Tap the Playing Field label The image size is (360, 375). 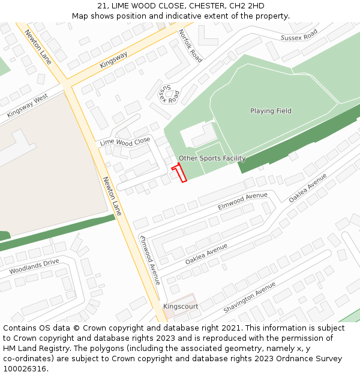point(271,111)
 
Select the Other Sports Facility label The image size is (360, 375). point(212,158)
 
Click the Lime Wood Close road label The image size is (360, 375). point(125,142)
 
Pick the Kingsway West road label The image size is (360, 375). point(28,106)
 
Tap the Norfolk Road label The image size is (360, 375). point(190,46)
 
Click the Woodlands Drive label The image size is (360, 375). point(34,266)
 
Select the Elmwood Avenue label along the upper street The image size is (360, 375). point(242,200)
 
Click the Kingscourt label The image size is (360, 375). point(181,306)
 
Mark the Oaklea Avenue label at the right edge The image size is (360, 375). point(308,188)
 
